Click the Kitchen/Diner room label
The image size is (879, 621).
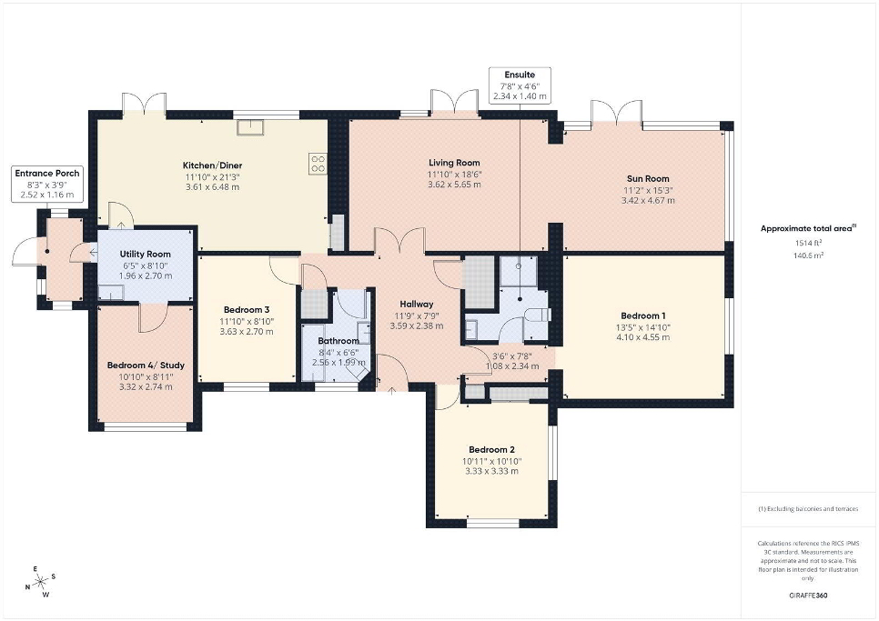coord(212,165)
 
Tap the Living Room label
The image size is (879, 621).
coord(454,163)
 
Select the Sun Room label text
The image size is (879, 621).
coord(648,178)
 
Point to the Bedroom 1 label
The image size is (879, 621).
coord(643,316)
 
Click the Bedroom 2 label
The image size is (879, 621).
coord(491,450)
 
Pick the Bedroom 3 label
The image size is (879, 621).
coord(247,310)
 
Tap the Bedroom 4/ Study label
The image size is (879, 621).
coord(146,366)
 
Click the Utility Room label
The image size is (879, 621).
coord(146,255)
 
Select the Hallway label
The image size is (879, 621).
coord(417,304)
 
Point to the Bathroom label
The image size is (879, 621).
coord(338,341)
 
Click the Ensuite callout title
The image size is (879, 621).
coord(520,75)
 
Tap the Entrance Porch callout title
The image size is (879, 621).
coord(47,174)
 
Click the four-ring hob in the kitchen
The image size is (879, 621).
coord(318,163)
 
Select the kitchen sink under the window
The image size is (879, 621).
coord(250,127)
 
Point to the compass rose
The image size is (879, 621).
coord(41,583)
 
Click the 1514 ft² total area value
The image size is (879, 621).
coord(808,243)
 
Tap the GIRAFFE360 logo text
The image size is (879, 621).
coord(808,596)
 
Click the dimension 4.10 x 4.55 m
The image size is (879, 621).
coord(643,337)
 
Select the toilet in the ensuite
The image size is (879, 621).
coord(538,316)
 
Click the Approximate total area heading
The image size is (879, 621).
coord(808,228)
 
